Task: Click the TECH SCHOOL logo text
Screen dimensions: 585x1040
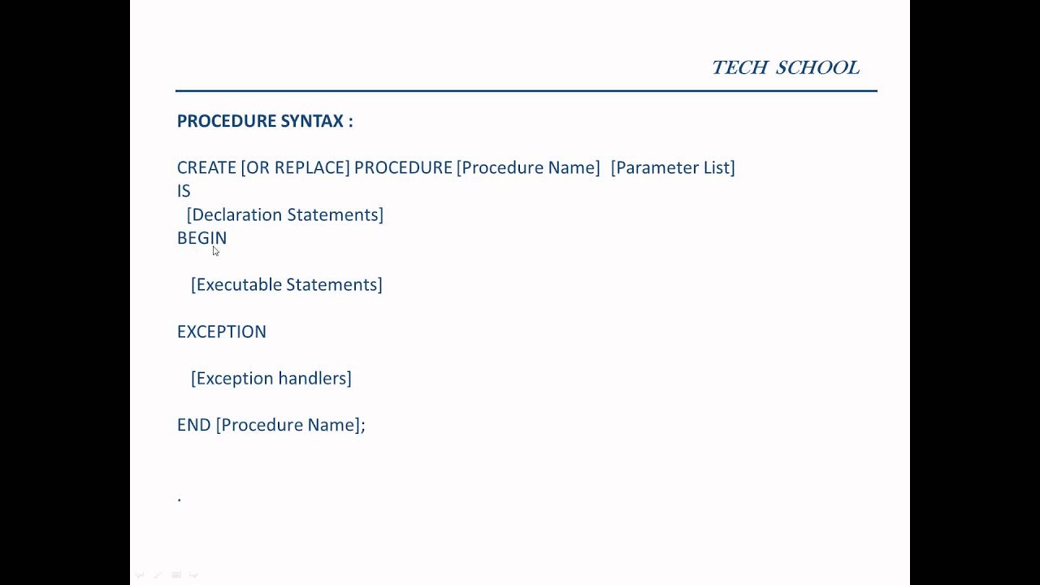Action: pyautogui.click(x=785, y=67)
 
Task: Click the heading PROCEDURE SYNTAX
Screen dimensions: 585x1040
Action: pyautogui.click(x=265, y=121)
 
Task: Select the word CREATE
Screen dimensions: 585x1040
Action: pyautogui.click(x=206, y=167)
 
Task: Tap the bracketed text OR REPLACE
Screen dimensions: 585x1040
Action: pyautogui.click(x=296, y=167)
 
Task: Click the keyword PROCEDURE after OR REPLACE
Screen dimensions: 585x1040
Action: pyautogui.click(x=403, y=167)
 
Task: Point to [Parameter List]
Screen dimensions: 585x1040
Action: pyautogui.click(x=673, y=167)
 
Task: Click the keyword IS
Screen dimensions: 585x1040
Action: pyautogui.click(x=184, y=191)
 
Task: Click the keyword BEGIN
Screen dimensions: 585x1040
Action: pyautogui.click(x=201, y=238)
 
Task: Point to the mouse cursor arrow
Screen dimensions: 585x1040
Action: pyautogui.click(x=215, y=251)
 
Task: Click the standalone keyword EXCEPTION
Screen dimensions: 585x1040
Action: pyautogui.click(x=222, y=331)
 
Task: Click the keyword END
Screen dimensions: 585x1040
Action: pyautogui.click(x=193, y=425)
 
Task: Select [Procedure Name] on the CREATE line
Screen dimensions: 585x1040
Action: pyautogui.click(x=528, y=167)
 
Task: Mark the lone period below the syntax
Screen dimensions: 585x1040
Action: pyautogui.click(x=180, y=500)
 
